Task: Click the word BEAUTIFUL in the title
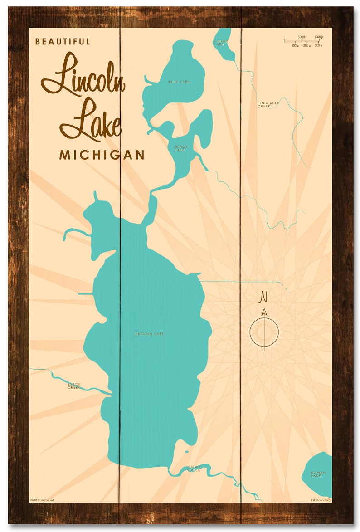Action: point(63,41)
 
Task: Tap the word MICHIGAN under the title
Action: point(102,155)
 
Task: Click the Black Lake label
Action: point(181,148)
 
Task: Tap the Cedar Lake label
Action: point(221,42)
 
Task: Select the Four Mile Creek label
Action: point(268,104)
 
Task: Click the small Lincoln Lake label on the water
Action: point(149,334)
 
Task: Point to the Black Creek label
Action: point(74,386)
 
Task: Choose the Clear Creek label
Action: point(194,469)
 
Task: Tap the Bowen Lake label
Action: point(318,474)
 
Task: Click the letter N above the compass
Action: point(263,297)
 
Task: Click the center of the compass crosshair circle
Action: point(264,332)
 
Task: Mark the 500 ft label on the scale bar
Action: point(301,37)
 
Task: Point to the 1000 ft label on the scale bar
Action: point(318,37)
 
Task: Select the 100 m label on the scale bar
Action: point(295,46)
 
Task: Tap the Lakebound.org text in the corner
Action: point(321,500)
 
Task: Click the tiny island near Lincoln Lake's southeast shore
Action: point(186,451)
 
